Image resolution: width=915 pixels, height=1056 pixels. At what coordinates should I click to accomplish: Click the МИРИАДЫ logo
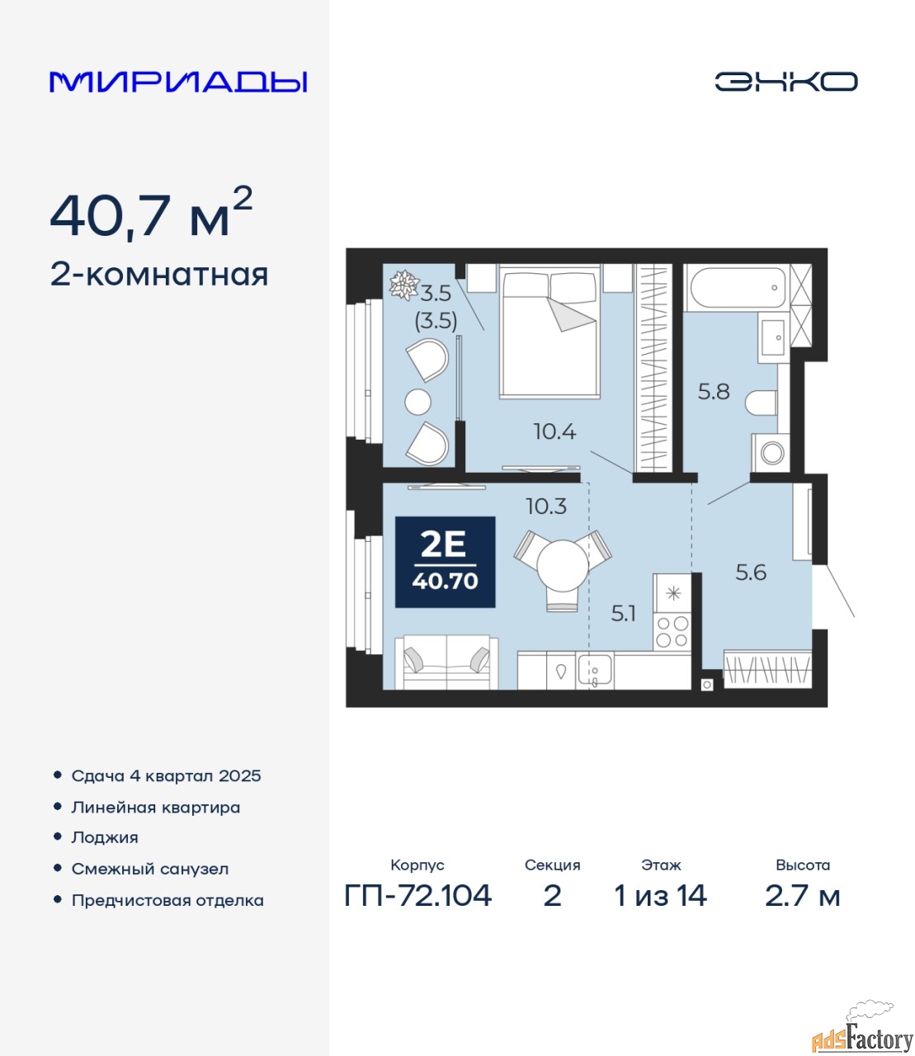[178, 82]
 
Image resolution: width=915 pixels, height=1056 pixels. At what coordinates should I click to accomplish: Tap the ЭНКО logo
[785, 82]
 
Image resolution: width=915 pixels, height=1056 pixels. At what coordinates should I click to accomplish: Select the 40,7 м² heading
[151, 213]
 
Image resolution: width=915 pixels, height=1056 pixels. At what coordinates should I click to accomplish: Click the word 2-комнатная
[159, 276]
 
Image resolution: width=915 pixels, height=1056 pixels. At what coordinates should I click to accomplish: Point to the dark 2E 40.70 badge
[445, 562]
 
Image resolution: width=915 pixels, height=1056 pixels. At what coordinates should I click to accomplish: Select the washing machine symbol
[771, 453]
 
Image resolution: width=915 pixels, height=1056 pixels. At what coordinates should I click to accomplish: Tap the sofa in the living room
[446, 662]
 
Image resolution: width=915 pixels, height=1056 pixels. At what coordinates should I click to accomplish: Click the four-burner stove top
[672, 632]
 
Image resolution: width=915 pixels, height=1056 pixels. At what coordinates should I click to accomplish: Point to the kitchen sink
[595, 670]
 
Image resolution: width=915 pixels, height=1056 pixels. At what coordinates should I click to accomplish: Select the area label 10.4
[554, 432]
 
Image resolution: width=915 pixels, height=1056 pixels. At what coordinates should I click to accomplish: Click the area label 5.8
[714, 392]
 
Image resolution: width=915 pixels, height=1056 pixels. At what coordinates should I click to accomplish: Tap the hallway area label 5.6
[751, 573]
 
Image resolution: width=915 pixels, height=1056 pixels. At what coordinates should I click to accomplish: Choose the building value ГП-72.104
[418, 895]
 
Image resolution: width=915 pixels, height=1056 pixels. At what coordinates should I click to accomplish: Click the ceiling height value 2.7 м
[803, 895]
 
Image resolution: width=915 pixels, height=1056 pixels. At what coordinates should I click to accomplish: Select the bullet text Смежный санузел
[149, 869]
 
